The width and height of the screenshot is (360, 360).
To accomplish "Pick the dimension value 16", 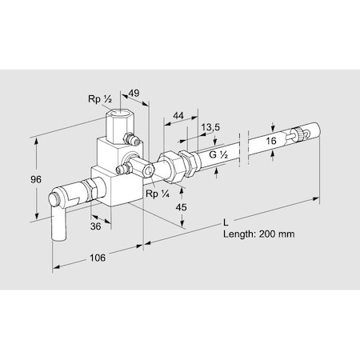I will (272, 140).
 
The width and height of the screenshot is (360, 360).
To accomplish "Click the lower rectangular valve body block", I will (112, 182).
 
